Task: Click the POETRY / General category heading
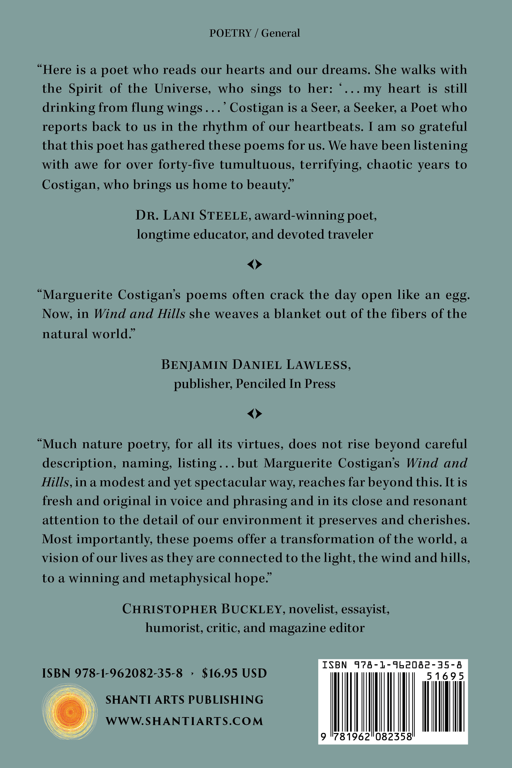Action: click(x=254, y=33)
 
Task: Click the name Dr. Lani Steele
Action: click(x=192, y=216)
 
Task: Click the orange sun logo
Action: click(x=70, y=712)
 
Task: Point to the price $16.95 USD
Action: click(x=234, y=673)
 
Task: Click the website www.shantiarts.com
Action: click(x=184, y=721)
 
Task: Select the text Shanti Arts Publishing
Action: click(x=184, y=700)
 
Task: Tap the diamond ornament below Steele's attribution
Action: click(x=255, y=264)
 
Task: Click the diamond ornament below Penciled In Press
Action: click(x=255, y=414)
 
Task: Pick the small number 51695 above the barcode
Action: click(x=445, y=676)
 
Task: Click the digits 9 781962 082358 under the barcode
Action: click(x=367, y=737)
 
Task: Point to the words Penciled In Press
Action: click(x=285, y=384)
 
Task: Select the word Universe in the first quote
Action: click(x=182, y=89)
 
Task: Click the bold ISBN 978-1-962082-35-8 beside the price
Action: click(x=112, y=673)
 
